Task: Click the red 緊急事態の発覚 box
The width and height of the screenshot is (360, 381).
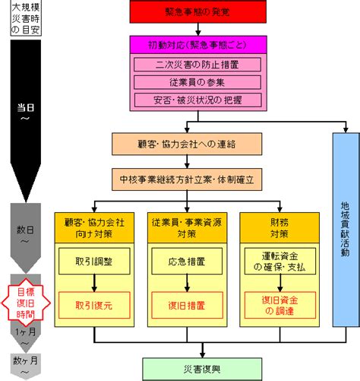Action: click(x=198, y=11)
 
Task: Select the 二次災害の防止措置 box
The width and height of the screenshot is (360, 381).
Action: click(x=197, y=65)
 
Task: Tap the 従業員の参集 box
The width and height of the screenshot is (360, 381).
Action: click(x=197, y=82)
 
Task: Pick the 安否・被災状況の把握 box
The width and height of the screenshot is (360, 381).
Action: click(x=197, y=100)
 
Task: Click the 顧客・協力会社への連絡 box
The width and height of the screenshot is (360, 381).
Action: click(x=187, y=144)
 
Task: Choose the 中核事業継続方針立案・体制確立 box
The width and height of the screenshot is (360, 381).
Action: click(x=187, y=179)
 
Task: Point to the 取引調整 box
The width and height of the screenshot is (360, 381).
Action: click(x=94, y=261)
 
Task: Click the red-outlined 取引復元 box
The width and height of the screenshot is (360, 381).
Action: click(x=94, y=305)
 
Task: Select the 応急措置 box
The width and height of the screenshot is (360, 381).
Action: click(x=187, y=261)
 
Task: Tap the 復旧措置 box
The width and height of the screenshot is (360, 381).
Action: click(x=187, y=305)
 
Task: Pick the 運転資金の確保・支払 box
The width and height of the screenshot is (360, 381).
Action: click(x=280, y=261)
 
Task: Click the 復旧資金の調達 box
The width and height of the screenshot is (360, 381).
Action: click(x=280, y=305)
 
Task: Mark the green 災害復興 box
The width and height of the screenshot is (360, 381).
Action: click(x=202, y=369)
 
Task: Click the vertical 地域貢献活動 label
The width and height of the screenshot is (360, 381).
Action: click(x=345, y=229)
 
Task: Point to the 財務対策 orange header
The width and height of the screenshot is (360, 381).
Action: click(x=279, y=228)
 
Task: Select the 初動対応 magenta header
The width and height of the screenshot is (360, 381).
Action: click(x=198, y=45)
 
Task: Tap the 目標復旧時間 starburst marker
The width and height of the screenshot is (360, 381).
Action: click(x=26, y=303)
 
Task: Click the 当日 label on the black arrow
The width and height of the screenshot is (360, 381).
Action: click(x=26, y=108)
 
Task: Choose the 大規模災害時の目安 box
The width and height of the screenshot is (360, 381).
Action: click(x=26, y=18)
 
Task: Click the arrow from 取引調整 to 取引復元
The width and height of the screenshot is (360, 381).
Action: click(x=94, y=283)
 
